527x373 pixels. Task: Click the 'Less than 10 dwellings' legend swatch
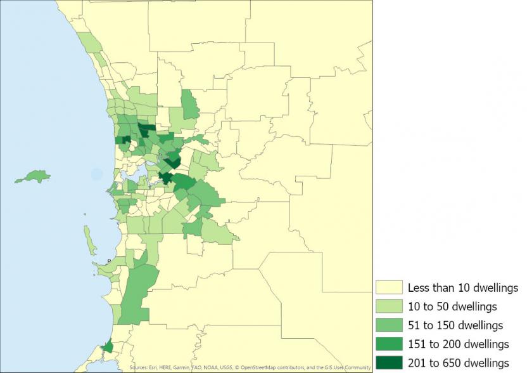click(388, 288)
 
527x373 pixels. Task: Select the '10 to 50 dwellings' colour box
click(388, 306)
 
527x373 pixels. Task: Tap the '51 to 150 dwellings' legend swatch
click(388, 325)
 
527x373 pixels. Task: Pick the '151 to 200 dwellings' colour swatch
click(388, 344)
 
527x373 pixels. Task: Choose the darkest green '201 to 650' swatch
click(388, 362)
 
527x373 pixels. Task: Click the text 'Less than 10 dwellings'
click(462, 288)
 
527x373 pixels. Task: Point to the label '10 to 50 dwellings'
click(452, 306)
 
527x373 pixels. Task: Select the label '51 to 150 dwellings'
click(455, 325)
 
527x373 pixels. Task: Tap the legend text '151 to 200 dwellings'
click(458, 344)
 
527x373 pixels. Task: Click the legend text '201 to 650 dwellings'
click(458, 362)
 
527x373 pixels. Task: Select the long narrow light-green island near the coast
click(91, 240)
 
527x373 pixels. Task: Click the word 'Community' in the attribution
click(356, 367)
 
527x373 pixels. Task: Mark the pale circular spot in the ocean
click(96, 173)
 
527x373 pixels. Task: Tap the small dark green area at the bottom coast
click(108, 346)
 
